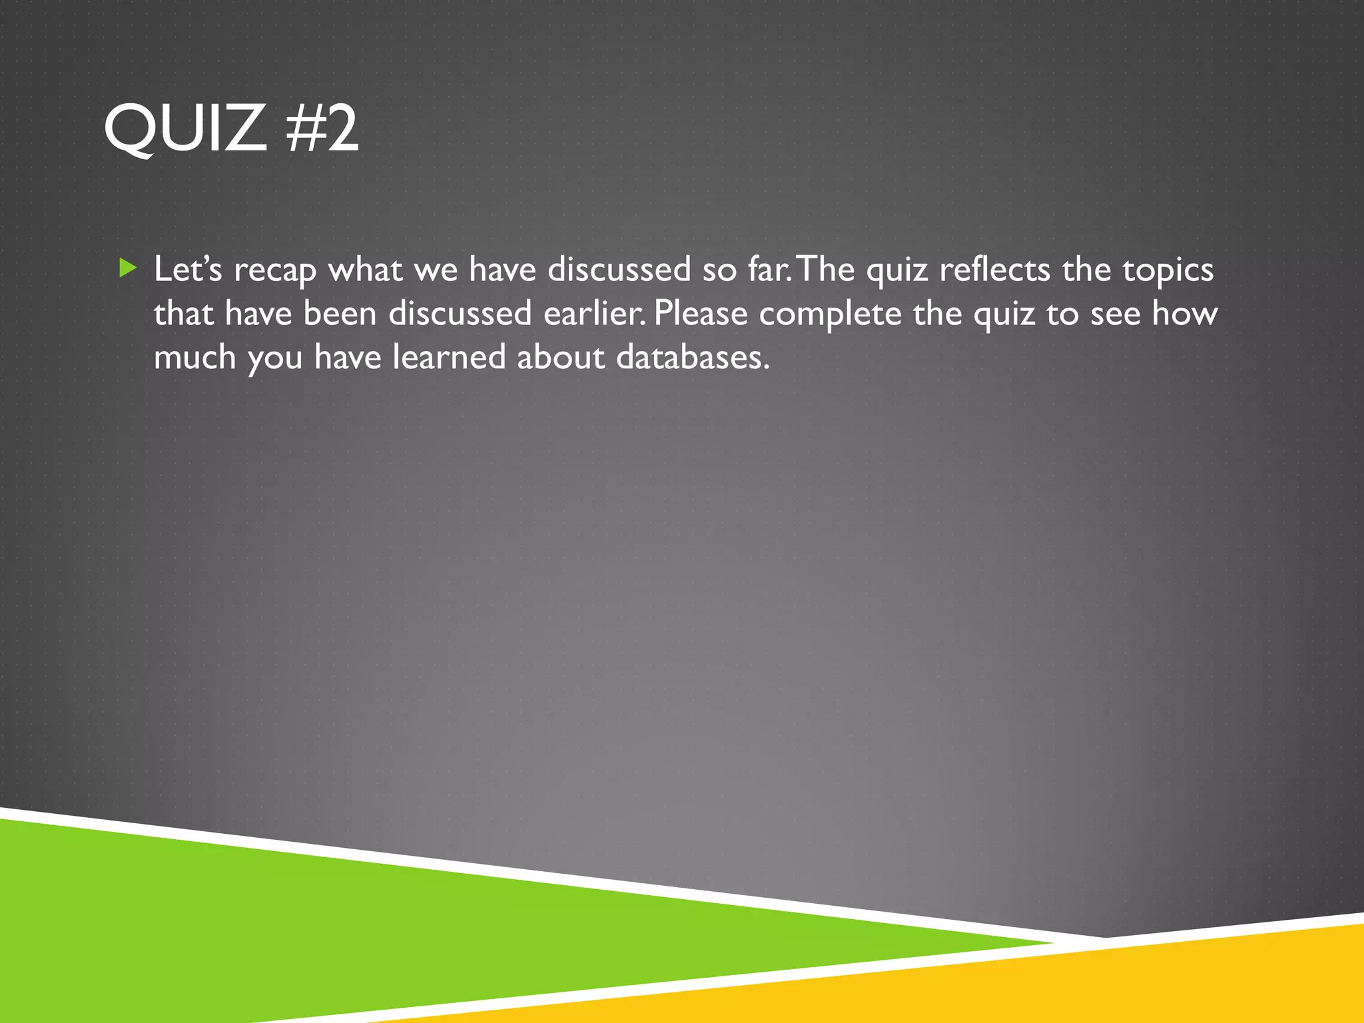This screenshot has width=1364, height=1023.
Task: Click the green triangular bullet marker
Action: tap(127, 268)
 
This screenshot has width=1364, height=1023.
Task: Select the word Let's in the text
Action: tap(188, 269)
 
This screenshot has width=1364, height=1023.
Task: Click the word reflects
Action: tap(994, 269)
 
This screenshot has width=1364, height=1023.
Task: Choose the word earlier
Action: tap(594, 313)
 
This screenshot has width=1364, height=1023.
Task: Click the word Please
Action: tap(701, 313)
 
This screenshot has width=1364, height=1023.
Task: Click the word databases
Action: tap(693, 357)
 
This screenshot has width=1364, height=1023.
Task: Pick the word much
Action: tap(194, 357)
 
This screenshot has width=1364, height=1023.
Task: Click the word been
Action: tap(340, 313)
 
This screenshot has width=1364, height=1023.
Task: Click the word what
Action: tap(365, 269)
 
